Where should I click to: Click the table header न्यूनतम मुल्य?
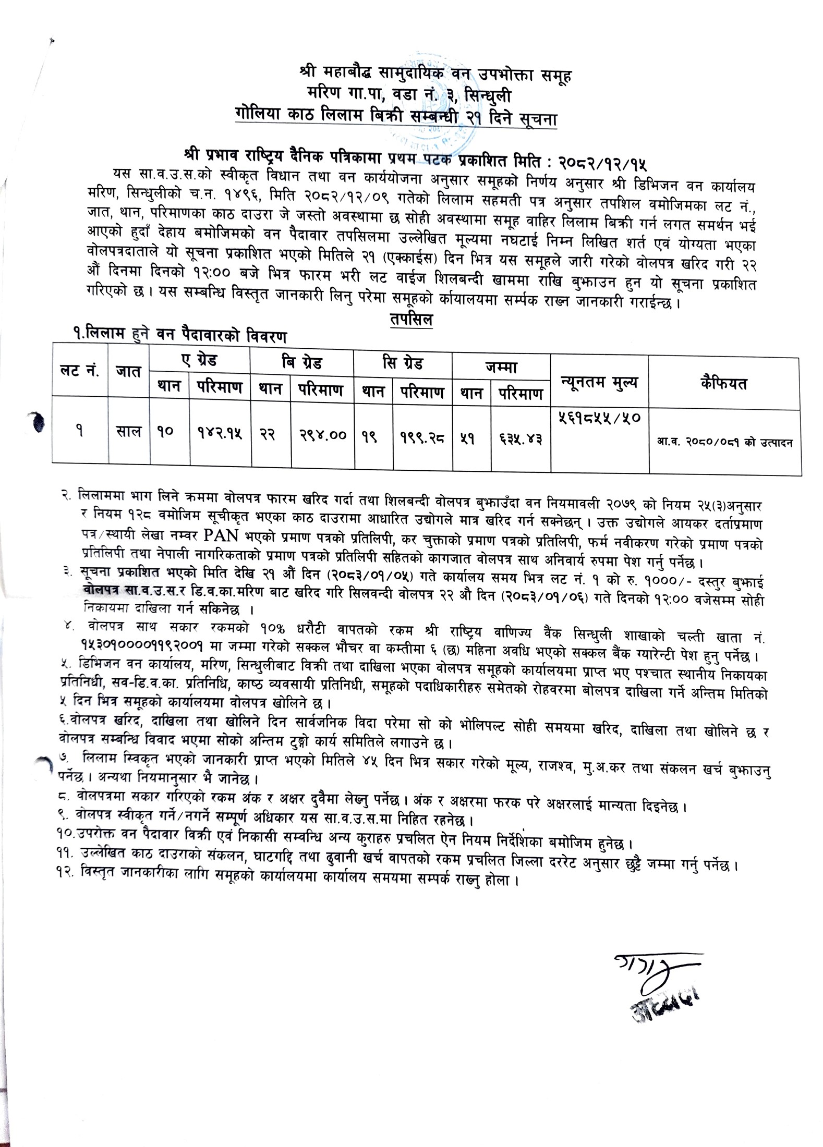599,383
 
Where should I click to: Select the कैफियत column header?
724,384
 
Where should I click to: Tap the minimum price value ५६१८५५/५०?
599,418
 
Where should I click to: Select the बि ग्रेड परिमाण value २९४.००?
323,434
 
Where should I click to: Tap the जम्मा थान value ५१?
471,437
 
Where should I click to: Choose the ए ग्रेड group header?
199,360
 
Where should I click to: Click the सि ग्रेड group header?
402,362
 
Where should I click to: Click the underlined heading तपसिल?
411,320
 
